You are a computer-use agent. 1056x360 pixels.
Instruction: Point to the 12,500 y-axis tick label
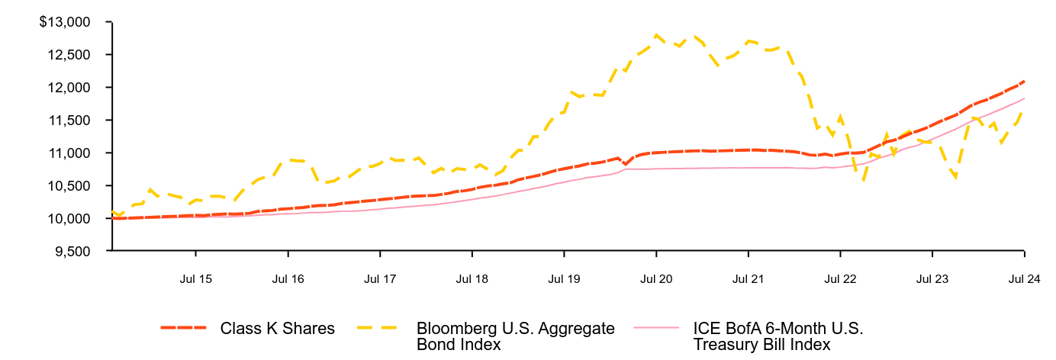tap(73, 55)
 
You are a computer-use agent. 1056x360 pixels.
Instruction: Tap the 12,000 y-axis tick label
tap(73, 88)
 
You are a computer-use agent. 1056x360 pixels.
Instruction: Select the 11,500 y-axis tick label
tap(73, 121)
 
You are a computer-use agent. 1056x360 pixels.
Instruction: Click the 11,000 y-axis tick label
tap(73, 153)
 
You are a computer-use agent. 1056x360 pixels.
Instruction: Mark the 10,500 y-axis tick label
tap(73, 186)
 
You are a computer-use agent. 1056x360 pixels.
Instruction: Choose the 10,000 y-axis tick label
tap(73, 219)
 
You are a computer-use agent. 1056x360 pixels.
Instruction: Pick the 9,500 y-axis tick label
tap(76, 251)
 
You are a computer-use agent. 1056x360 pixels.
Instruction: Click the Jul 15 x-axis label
tap(196, 279)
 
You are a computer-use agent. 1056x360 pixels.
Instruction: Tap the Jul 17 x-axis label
tap(380, 279)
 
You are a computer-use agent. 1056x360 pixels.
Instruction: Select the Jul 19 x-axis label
tap(564, 279)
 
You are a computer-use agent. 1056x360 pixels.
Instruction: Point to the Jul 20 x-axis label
tap(656, 279)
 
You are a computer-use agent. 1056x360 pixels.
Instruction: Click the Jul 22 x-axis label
tap(840, 279)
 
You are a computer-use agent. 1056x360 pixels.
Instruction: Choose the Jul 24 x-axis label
tap(1024, 279)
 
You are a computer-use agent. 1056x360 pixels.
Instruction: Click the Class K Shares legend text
tap(278, 329)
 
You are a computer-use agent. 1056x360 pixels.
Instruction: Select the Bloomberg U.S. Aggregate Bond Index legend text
tap(515, 336)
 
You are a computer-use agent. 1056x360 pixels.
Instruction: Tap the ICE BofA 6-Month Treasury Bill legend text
tap(778, 336)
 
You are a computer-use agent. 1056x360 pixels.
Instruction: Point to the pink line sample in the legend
tap(656, 329)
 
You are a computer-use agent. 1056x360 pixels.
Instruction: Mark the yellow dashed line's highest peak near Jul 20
tap(655, 34)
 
